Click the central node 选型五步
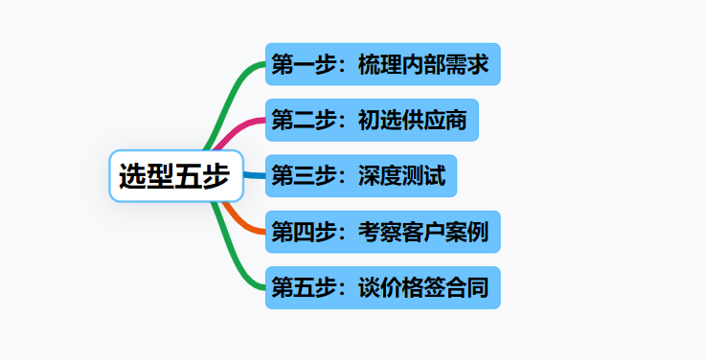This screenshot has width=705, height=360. pyautogui.click(x=175, y=176)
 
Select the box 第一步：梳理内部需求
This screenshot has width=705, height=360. pyautogui.click(x=382, y=64)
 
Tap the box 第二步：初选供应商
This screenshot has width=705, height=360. pyautogui.click(x=372, y=120)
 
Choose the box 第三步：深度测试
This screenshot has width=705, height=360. pyautogui.click(x=361, y=176)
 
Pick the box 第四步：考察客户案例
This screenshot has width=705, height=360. pyautogui.click(x=382, y=232)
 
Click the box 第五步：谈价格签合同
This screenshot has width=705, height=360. pyautogui.click(x=382, y=287)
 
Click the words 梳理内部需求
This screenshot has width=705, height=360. pyautogui.click(x=423, y=65)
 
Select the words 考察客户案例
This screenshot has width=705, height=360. pyautogui.click(x=423, y=233)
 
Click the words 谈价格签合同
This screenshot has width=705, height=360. pyautogui.click(x=423, y=288)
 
